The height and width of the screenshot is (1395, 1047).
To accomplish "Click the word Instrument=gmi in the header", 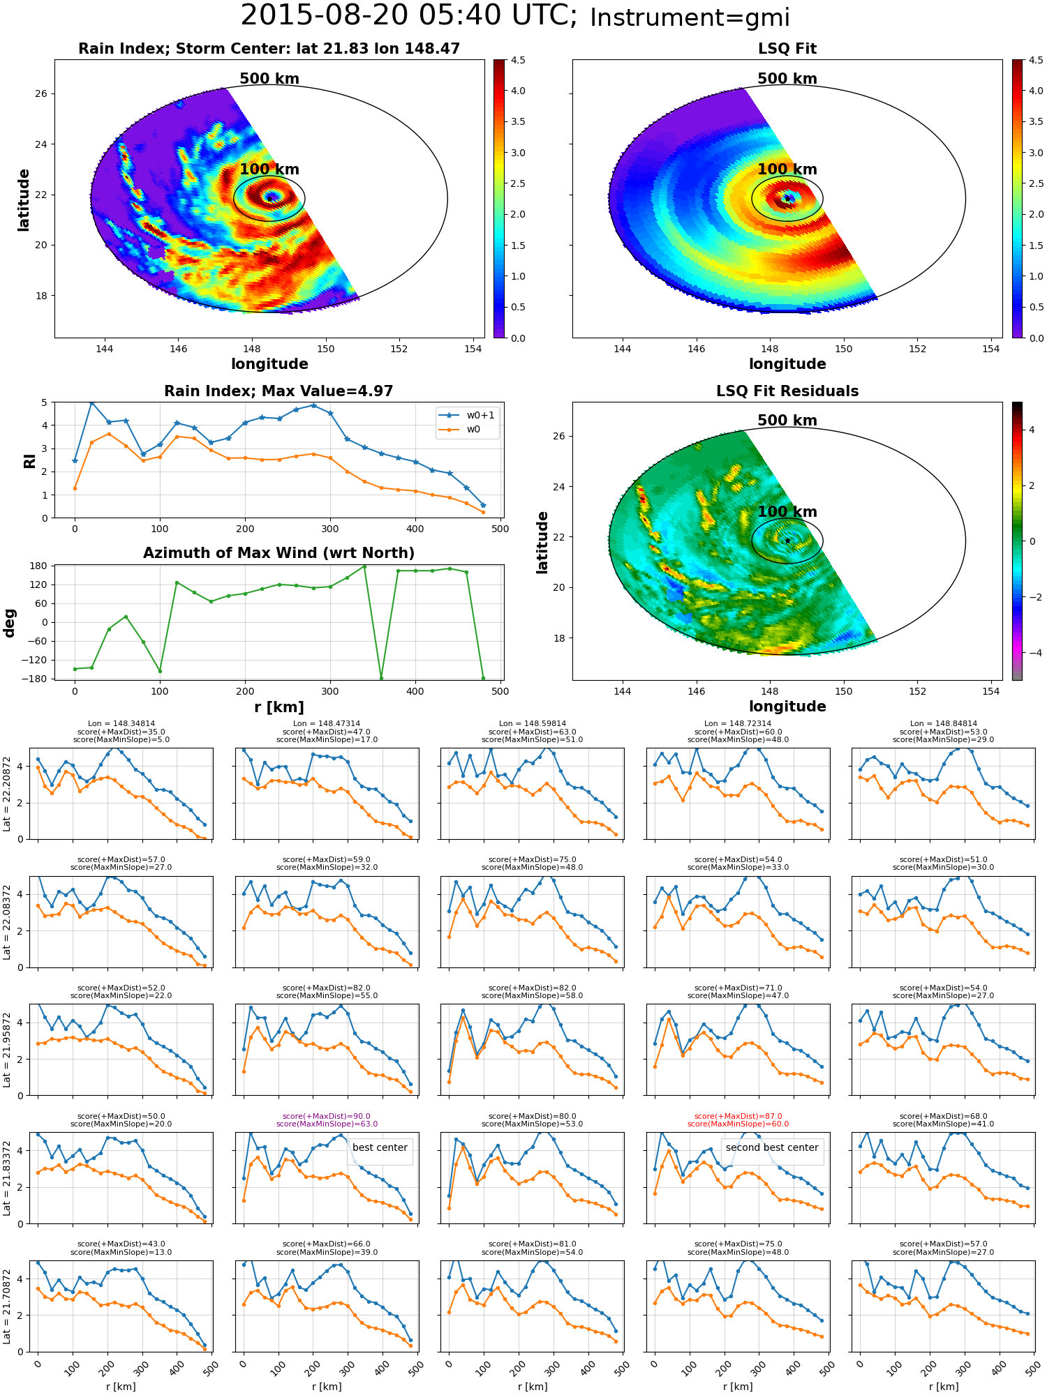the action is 690,18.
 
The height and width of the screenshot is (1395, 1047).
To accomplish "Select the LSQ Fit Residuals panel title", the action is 787,391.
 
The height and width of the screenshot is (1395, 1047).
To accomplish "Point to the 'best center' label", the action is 380,1147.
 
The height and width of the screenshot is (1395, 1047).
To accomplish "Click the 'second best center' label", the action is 772,1147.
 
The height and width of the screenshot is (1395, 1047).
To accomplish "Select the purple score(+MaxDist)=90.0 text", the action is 327,1116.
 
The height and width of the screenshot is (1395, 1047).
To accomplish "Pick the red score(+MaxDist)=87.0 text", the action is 738,1116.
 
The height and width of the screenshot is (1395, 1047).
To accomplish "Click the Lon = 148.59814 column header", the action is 532,724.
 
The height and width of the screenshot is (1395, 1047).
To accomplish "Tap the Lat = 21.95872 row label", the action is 7,1050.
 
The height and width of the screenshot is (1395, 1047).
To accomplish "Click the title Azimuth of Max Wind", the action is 279,553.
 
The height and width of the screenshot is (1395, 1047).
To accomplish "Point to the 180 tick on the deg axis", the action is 39,566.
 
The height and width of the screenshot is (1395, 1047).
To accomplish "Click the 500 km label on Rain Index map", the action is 269,79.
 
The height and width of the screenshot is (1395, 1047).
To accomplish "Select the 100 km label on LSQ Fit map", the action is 787,169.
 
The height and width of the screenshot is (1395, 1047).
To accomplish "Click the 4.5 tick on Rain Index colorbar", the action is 518,60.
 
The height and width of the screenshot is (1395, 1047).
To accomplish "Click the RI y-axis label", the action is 30,460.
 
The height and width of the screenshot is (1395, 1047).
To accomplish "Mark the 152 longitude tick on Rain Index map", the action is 399,349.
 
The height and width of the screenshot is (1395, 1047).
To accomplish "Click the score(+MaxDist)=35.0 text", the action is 121,732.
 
